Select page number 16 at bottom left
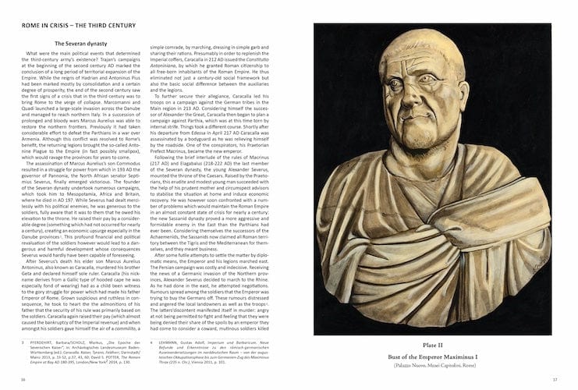point(23,379)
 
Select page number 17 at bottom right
point(555,379)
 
